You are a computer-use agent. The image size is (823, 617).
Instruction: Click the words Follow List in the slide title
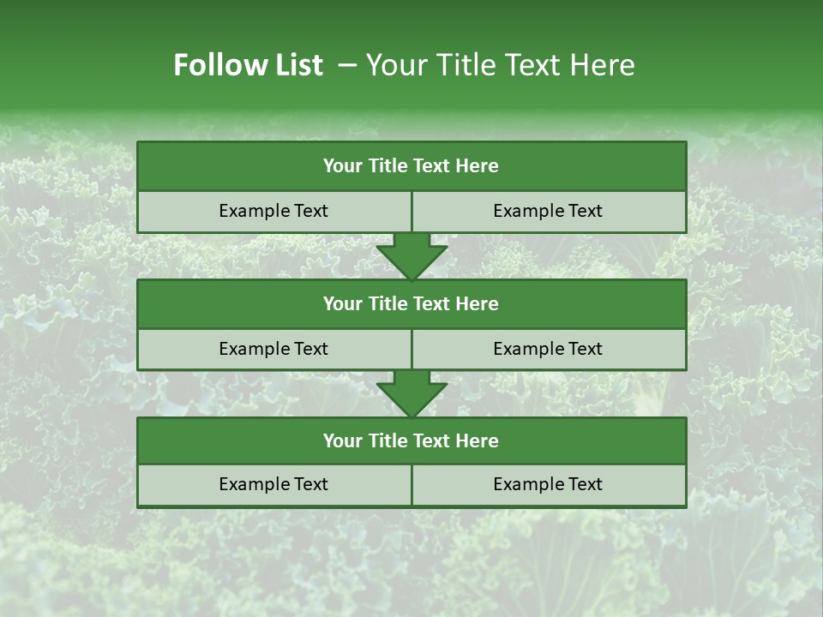tap(248, 65)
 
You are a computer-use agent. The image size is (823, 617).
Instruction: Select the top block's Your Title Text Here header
tap(411, 166)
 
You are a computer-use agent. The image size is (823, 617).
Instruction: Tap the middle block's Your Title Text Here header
tap(411, 303)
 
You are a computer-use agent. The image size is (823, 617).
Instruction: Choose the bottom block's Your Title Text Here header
tap(411, 440)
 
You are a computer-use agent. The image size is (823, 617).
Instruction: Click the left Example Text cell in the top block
tap(273, 211)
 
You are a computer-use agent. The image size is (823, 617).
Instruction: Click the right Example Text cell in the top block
tap(548, 211)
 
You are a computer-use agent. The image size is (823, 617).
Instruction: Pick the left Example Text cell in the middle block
tap(273, 349)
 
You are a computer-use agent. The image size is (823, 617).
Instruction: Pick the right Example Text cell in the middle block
tap(548, 349)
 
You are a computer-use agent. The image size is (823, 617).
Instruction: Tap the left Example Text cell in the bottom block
tap(273, 484)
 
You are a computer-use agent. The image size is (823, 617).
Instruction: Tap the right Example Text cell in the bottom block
tap(548, 484)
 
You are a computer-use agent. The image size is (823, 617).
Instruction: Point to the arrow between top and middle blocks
tap(411, 256)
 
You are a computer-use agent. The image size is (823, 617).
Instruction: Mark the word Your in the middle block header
tap(342, 303)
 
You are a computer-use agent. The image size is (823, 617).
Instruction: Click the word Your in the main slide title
tap(393, 65)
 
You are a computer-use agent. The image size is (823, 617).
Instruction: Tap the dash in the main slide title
tap(347, 65)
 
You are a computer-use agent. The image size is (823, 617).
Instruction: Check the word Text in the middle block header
tap(432, 303)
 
